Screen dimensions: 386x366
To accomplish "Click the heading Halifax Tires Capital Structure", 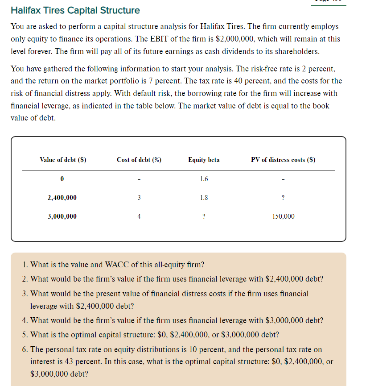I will (x=75, y=10).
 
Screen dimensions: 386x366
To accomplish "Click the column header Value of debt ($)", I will (x=63, y=160).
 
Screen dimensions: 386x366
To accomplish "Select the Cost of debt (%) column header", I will (x=139, y=160).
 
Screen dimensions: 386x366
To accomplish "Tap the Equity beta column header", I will (x=204, y=160).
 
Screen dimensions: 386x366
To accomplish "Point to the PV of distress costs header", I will (x=283, y=160).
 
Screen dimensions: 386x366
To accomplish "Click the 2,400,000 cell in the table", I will (x=62, y=197).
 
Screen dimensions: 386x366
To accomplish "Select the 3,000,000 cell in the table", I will (x=62, y=216).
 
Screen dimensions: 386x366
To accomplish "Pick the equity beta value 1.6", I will (x=204, y=179).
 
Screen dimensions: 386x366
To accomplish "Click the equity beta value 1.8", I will (x=204, y=197).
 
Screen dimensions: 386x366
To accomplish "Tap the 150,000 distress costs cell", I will (x=283, y=216).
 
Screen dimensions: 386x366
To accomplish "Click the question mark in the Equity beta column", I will (x=204, y=216).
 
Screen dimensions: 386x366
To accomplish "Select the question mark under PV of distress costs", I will (x=284, y=197).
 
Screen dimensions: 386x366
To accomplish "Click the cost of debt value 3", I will (x=139, y=197).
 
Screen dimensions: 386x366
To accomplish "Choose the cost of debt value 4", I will (x=139, y=216).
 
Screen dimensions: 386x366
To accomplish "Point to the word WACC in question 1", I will (x=116, y=265).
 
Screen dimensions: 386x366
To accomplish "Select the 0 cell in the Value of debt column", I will (x=62, y=179).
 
